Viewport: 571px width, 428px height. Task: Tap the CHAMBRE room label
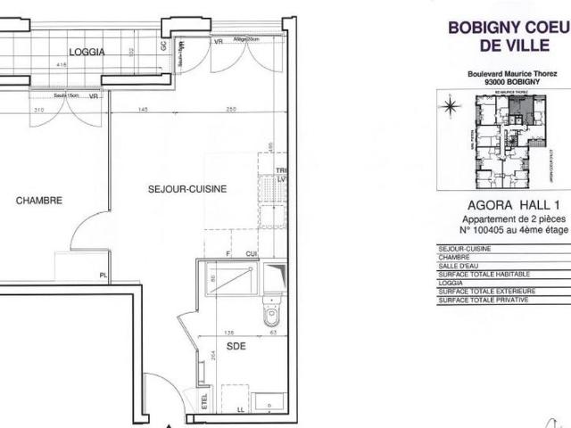click(39, 201)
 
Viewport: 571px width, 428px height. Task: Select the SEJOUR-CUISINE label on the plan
click(187, 189)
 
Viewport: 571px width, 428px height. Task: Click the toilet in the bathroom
click(273, 315)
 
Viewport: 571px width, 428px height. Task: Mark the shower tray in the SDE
click(229, 278)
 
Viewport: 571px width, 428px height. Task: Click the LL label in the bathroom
click(239, 409)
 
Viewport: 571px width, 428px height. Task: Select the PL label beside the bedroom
click(104, 276)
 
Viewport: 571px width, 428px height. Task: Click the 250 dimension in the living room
click(230, 109)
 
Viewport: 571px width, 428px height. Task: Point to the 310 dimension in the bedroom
click(38, 110)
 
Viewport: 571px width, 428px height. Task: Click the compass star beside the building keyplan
click(449, 104)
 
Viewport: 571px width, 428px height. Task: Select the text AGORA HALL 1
click(494, 205)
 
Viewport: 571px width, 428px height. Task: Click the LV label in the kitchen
click(281, 179)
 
